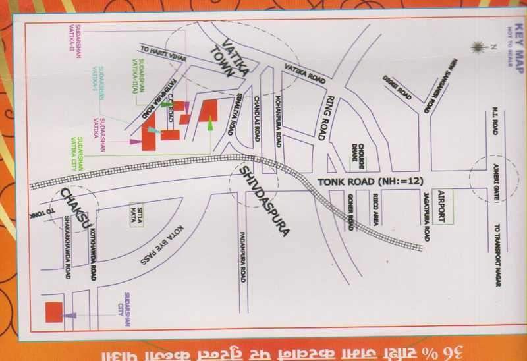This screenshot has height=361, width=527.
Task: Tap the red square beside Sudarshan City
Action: tap(53, 312)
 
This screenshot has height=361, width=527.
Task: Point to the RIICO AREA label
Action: tap(375, 216)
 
